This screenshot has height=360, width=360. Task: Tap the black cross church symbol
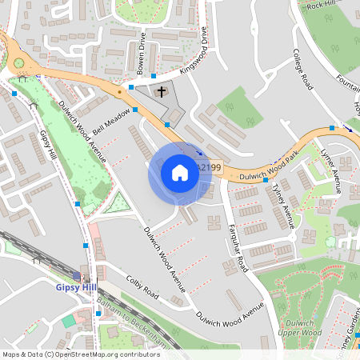(161, 92)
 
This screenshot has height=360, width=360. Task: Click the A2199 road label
(208, 167)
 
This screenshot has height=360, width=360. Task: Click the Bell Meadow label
(110, 121)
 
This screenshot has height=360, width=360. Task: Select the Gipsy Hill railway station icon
(77, 276)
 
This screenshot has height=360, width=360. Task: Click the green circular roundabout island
(18, 62)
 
